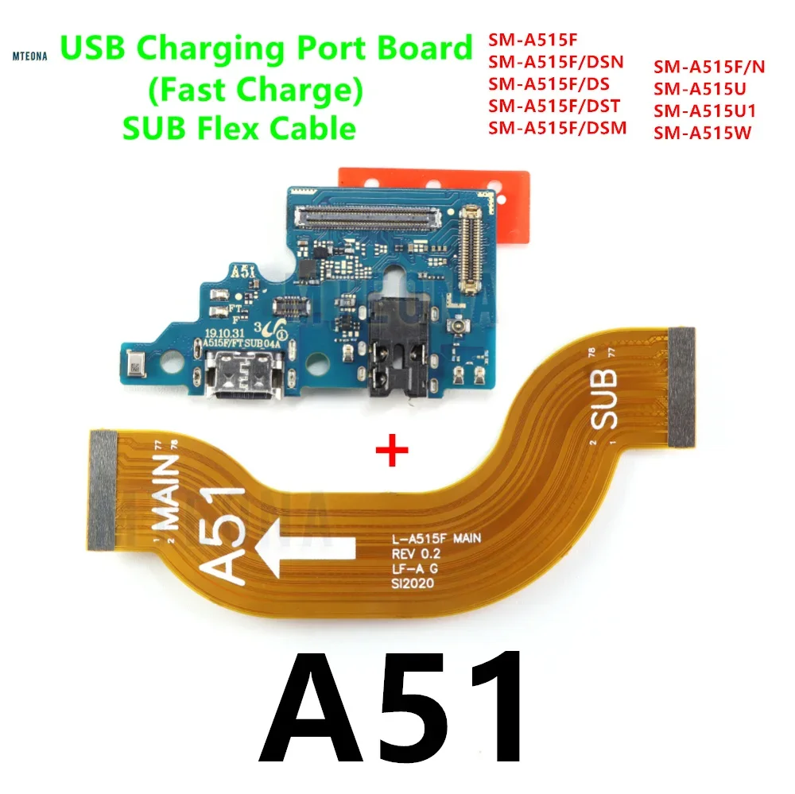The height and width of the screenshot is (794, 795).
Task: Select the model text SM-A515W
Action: [x=702, y=133]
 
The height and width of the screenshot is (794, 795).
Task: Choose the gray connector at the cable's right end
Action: [x=681, y=387]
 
